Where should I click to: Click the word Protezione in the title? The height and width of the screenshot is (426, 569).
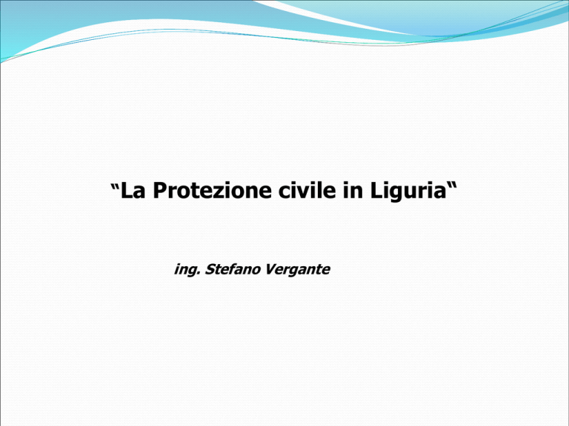tap(212, 191)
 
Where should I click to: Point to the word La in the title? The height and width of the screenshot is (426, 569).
tap(133, 191)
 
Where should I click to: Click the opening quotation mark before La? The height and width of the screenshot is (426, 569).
tap(115, 188)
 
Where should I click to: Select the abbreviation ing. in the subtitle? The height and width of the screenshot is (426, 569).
tap(187, 270)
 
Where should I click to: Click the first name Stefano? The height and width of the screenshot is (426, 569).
tap(233, 269)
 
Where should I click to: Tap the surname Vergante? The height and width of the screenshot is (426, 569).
tap(297, 270)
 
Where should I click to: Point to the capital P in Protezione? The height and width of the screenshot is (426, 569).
tap(160, 191)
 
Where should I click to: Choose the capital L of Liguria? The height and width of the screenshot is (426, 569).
tap(376, 191)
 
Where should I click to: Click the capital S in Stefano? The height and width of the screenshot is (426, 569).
tap(210, 269)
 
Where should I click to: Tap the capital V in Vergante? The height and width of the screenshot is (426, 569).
tap(270, 269)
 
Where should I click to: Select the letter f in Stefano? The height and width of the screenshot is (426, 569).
tap(233, 269)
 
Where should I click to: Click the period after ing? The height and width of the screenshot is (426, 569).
tap(199, 274)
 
